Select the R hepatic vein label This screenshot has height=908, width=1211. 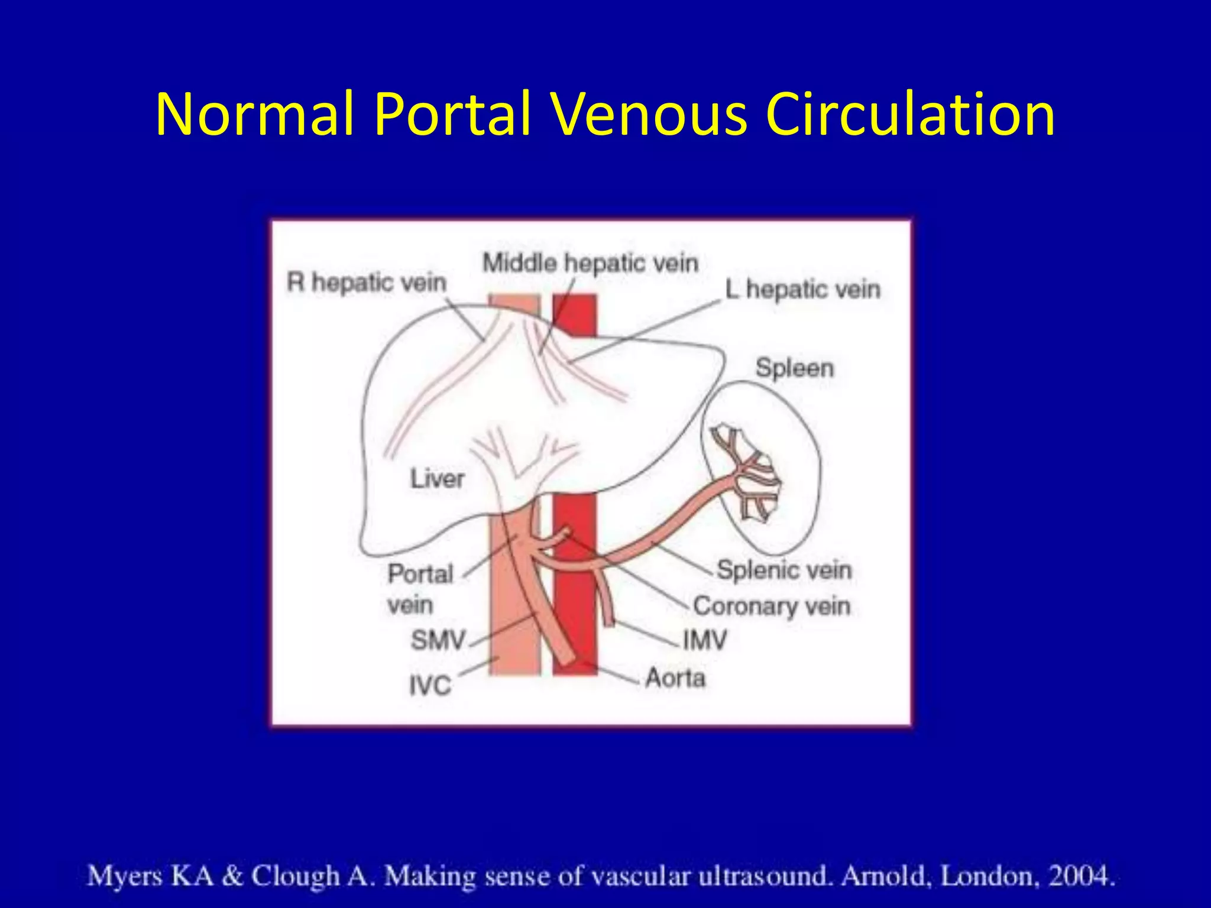367,283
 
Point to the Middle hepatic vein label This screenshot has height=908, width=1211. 590,263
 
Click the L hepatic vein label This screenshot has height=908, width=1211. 803,290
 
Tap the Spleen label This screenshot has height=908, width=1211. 794,368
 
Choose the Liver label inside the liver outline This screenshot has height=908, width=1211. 438,478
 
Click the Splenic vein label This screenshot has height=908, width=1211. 784,570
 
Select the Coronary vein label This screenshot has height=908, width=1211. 772,606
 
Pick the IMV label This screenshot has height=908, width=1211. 704,640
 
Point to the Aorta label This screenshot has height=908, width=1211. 675,677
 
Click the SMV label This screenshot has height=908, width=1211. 438,640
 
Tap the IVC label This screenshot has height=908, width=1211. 430,686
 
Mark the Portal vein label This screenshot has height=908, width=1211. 419,589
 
